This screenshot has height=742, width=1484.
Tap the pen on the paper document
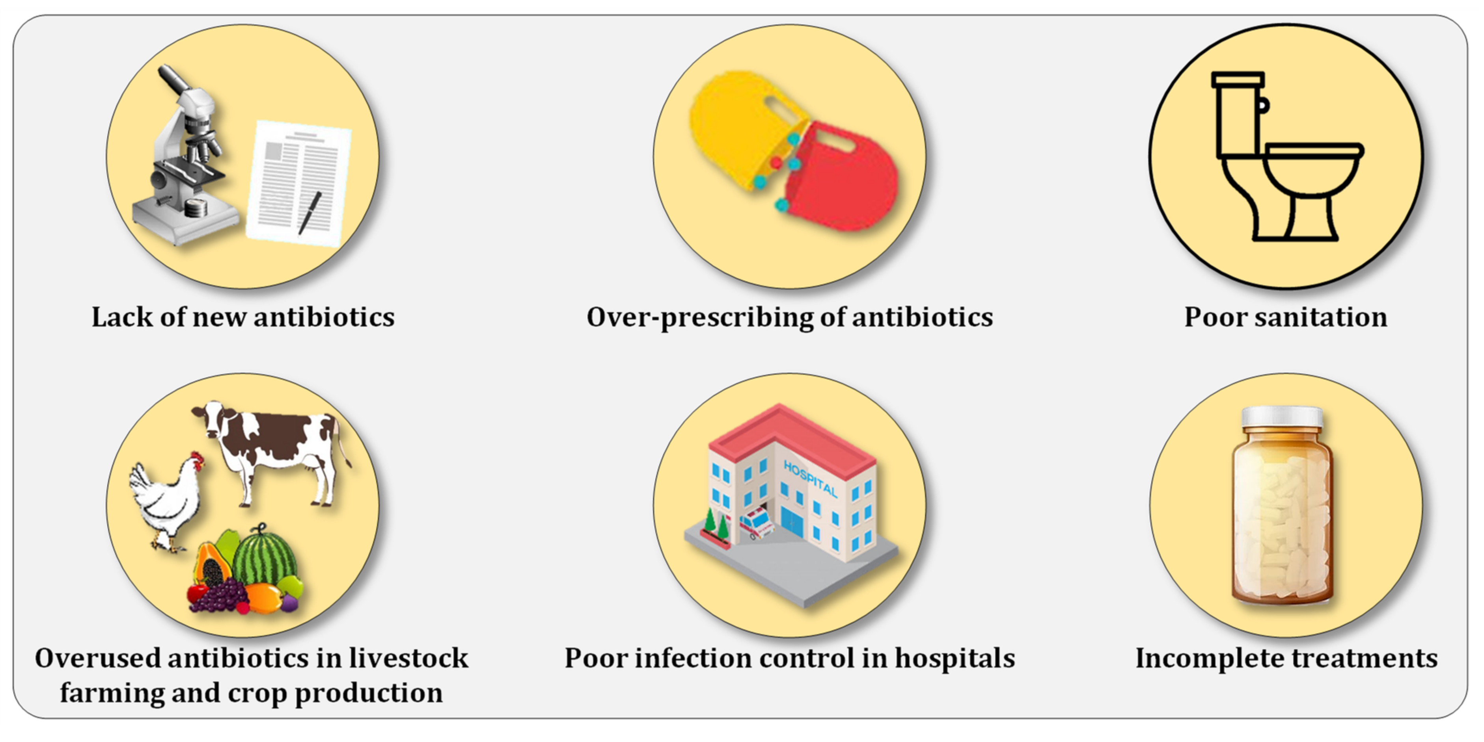[310, 213]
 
